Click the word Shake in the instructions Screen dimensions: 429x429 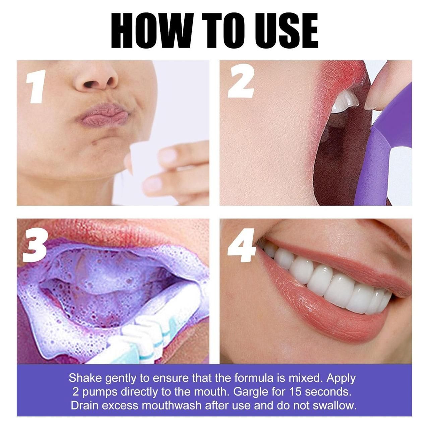click(x=85, y=378)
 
